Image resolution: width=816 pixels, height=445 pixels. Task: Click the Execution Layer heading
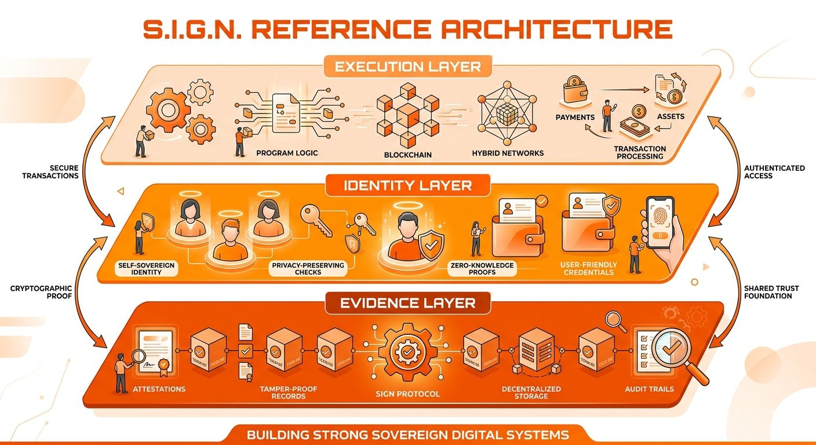click(x=407, y=66)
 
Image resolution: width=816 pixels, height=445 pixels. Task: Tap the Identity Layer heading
click(x=407, y=185)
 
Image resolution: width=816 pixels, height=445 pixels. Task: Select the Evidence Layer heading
click(x=407, y=302)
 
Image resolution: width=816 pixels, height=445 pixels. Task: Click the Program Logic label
click(x=286, y=153)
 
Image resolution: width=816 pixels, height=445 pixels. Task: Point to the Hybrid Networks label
click(x=508, y=153)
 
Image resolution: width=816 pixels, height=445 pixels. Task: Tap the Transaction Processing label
click(x=640, y=152)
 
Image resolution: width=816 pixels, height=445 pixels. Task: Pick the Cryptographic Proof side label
click(x=41, y=291)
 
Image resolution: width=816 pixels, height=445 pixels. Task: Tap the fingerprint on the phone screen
click(x=660, y=220)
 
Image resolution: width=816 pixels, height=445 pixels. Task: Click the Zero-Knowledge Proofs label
click(x=482, y=268)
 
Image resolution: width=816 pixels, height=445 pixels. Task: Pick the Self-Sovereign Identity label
click(x=147, y=268)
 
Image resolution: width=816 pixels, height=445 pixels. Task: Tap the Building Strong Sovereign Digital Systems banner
click(x=407, y=434)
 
